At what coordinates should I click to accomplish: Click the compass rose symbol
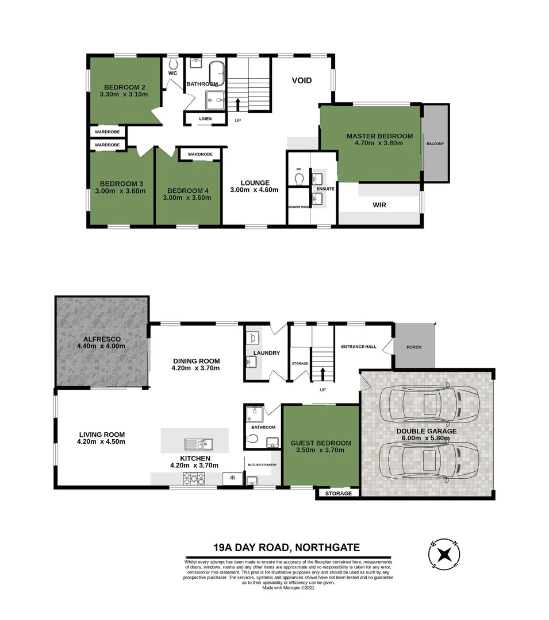coord(444,554)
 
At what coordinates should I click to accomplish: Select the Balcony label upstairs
coord(435,144)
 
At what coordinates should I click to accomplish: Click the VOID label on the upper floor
coord(301,80)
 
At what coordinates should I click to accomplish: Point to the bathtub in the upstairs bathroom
coord(217,73)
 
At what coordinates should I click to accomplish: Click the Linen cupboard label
coord(205,119)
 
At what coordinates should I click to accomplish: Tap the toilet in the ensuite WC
coord(298,179)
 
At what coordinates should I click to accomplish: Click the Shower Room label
coord(298,207)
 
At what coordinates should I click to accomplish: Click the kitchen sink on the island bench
coord(198,444)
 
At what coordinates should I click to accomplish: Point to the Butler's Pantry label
coord(263,465)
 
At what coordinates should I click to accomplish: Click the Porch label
coord(414,347)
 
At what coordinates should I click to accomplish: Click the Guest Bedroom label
coord(321,443)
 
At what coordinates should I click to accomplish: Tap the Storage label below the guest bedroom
coord(338,494)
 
